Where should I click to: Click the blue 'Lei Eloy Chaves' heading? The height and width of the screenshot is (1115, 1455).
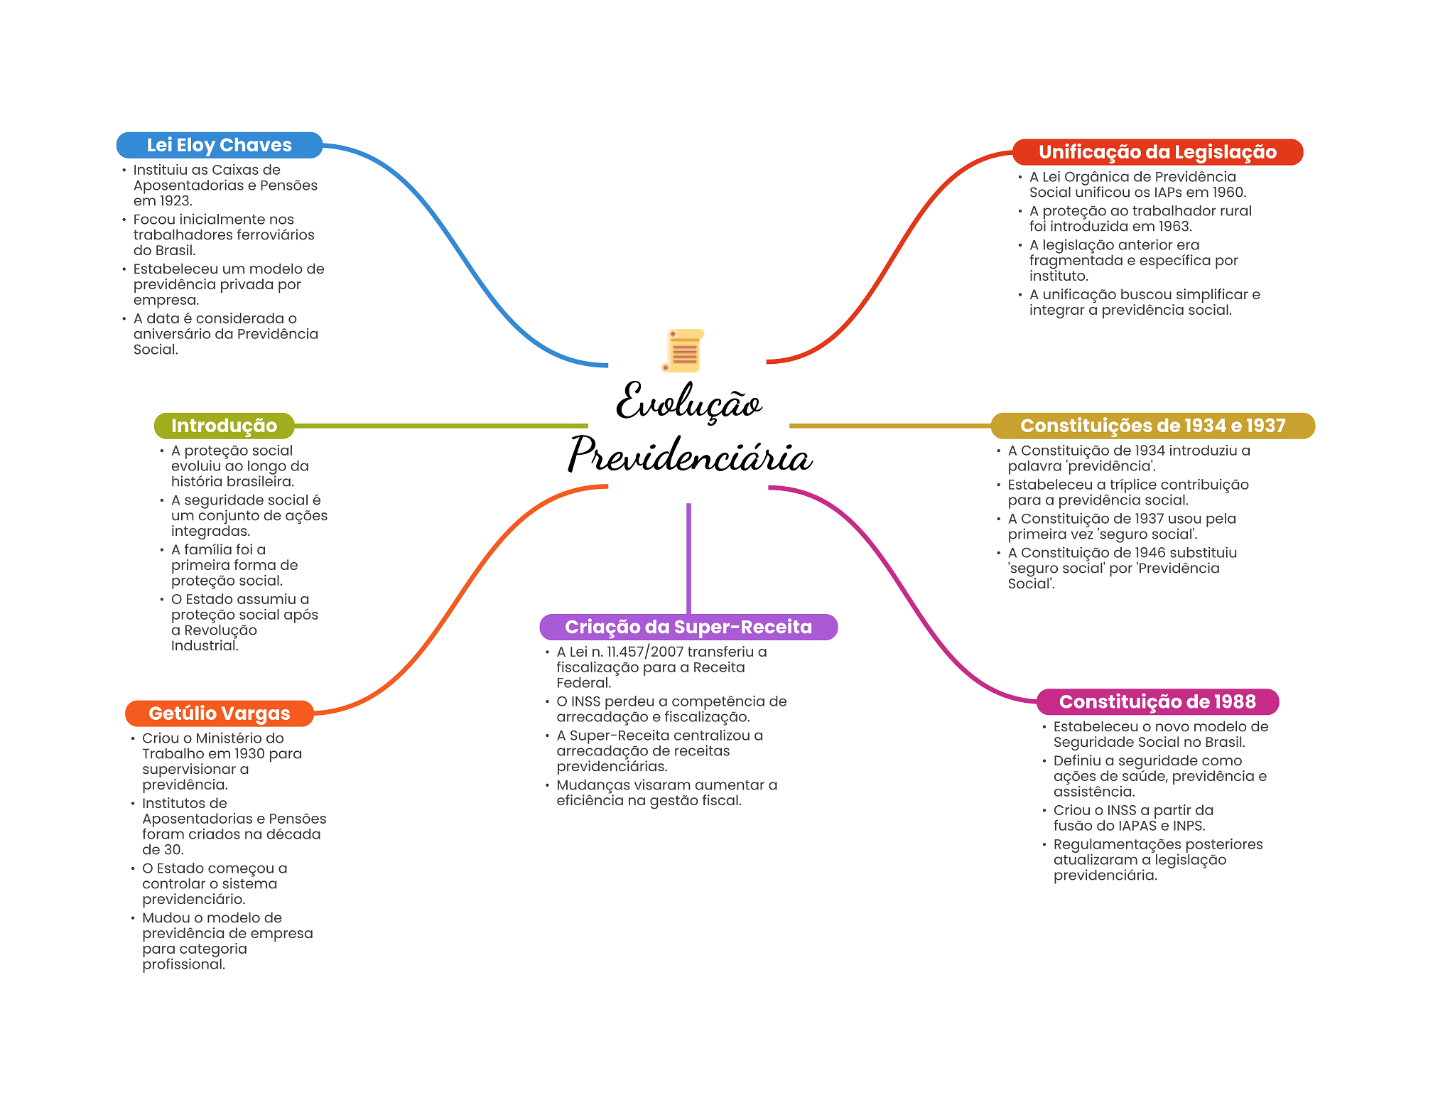[x=219, y=145]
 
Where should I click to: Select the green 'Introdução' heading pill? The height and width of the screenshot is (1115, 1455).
[x=224, y=426]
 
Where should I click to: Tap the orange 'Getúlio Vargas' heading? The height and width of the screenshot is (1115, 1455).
[x=219, y=713]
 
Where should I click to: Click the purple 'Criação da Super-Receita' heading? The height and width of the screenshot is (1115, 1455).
[x=688, y=627]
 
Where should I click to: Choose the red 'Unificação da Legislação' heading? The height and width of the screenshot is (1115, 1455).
[x=1157, y=152]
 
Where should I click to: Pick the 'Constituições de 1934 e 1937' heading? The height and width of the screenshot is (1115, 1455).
[x=1152, y=426]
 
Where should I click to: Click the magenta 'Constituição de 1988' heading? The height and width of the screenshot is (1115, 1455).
[x=1157, y=701]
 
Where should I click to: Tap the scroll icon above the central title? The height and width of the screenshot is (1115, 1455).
[x=683, y=350]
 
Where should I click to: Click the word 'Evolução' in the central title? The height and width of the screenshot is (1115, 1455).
[x=688, y=402]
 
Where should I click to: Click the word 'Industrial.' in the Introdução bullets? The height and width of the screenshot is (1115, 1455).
[x=205, y=646]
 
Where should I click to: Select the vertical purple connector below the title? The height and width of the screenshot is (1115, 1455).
[x=688, y=558]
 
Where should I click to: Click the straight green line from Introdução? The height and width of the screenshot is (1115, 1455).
[x=440, y=426]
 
